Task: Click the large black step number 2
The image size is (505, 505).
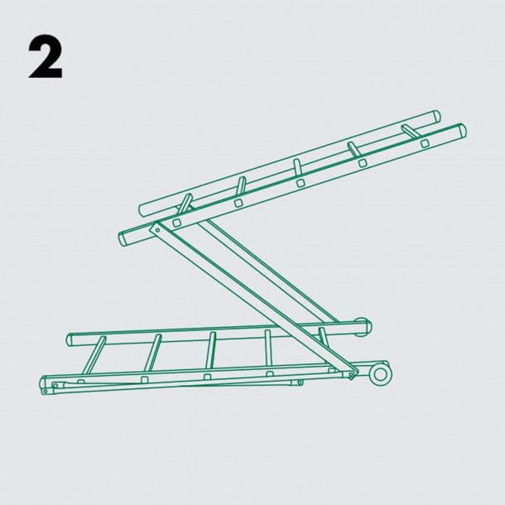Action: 46,58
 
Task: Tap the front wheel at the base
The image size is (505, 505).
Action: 380,374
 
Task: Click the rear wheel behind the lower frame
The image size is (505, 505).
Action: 363,327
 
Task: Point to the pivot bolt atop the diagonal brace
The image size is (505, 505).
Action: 157,229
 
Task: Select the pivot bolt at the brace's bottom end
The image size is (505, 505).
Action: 351,374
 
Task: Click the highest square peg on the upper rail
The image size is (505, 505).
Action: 426,143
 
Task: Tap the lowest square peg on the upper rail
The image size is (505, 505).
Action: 176,223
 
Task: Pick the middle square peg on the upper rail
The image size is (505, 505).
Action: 301,183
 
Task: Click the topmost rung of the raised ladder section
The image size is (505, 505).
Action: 411,131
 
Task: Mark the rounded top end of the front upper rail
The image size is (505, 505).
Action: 463,130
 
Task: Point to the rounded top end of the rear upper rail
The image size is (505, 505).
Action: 437,116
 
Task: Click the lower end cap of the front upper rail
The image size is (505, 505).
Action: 123,239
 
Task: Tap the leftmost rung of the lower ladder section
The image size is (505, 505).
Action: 94,355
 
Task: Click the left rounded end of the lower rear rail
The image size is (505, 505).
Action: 70,340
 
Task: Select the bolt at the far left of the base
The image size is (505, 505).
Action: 45,392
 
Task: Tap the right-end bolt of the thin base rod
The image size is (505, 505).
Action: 299,382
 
